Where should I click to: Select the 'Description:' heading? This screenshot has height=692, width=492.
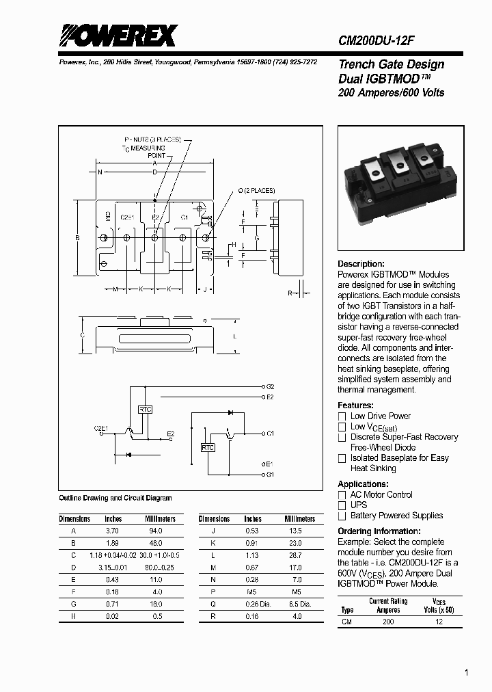tap(361, 264)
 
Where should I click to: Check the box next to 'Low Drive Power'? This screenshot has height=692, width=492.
tap(342, 416)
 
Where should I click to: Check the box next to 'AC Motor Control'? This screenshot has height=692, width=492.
tap(342, 495)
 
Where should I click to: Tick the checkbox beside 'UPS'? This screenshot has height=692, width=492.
tap(342, 505)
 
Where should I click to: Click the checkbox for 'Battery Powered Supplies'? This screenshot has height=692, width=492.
tap(342, 516)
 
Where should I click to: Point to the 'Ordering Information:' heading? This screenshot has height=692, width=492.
tap(379, 531)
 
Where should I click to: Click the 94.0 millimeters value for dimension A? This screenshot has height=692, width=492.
tap(156, 531)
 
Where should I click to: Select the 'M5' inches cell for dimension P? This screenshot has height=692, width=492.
tap(253, 591)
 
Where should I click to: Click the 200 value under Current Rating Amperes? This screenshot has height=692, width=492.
tap(388, 622)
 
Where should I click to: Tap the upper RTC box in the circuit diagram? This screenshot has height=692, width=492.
tap(145, 409)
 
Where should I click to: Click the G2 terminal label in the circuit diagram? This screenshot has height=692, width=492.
tap(269, 387)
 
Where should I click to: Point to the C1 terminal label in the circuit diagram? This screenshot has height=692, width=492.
tap(270, 434)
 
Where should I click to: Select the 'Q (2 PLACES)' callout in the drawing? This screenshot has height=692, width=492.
tap(256, 190)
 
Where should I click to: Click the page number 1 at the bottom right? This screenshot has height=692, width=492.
tap(466, 673)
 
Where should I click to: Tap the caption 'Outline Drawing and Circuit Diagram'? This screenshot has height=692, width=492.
tap(115, 498)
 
